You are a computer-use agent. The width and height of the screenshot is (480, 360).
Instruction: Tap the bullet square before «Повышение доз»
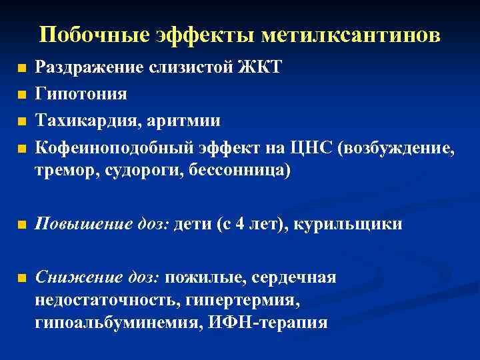click(x=22, y=225)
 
